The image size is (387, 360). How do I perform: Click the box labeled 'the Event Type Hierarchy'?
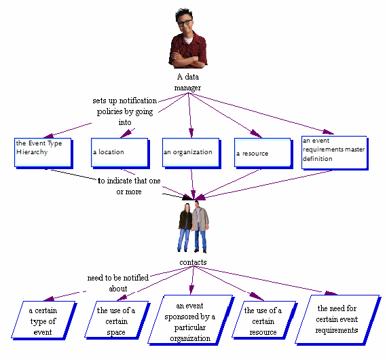43,153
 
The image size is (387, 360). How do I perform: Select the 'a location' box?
120,153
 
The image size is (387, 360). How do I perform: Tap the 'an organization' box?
191,153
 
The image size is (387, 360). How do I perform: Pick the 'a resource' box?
263,154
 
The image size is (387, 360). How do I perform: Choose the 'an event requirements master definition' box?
335,153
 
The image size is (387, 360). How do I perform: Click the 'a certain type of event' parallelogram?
44,321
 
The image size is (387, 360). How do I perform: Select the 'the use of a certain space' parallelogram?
117,321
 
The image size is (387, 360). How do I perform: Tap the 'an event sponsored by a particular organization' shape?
191,320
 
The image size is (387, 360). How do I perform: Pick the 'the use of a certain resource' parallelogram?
264,321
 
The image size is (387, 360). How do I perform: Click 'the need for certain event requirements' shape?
338,320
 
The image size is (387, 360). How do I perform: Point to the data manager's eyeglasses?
185,22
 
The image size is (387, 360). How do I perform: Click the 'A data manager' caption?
188,82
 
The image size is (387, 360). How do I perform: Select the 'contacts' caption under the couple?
193,262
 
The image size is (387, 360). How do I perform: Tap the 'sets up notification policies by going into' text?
125,111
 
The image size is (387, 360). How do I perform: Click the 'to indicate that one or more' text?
129,186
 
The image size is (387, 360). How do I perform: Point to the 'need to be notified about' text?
118,283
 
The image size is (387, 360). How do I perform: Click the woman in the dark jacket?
185,227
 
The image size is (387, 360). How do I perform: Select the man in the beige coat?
200,227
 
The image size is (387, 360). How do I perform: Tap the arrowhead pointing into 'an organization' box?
191,133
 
